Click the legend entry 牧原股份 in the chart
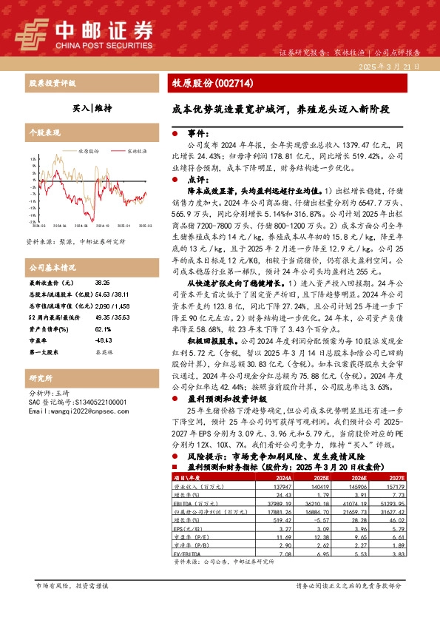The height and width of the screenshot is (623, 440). (89, 150)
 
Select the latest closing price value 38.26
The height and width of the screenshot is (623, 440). (101, 283)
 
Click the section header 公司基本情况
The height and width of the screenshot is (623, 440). (53, 266)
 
